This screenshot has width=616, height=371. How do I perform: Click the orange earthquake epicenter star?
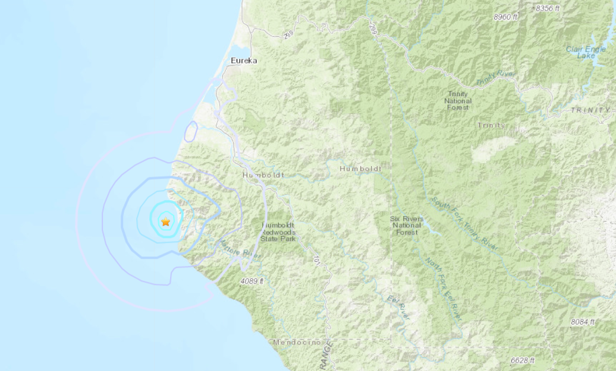[165, 222]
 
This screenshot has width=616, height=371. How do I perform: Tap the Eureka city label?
[244, 60]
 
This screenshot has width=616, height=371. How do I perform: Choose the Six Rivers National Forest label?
[407, 226]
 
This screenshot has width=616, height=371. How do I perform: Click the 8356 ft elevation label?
[548, 8]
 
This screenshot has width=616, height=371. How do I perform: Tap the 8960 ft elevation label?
[505, 17]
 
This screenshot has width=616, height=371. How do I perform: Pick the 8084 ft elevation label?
[582, 322]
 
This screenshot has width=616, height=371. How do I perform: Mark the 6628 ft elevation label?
[522, 360]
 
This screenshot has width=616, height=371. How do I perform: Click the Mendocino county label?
[297, 343]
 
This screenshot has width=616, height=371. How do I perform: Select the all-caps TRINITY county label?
[590, 110]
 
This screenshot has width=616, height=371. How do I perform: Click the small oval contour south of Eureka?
[191, 131]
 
